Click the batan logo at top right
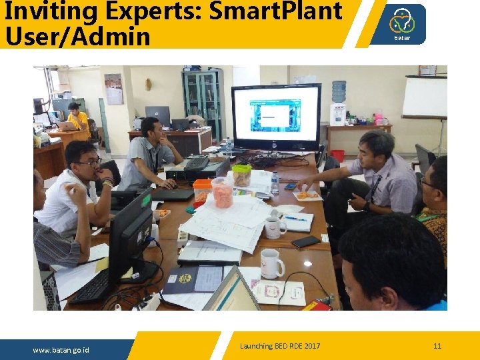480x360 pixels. coord(402,24)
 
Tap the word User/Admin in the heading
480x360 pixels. coord(77,36)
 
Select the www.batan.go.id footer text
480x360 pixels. coord(61,350)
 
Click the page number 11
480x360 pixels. coord(437,345)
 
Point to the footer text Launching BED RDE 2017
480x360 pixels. coord(280,346)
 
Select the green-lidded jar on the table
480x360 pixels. coord(241,175)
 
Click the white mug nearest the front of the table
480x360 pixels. coord(271,263)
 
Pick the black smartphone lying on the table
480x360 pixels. coord(305,241)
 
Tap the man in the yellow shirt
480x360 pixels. coord(78,119)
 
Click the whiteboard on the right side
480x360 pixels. coord(424,97)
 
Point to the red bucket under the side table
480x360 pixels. coord(337,156)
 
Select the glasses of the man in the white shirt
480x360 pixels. coord(90,162)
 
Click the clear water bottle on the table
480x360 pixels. coord(274,183)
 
